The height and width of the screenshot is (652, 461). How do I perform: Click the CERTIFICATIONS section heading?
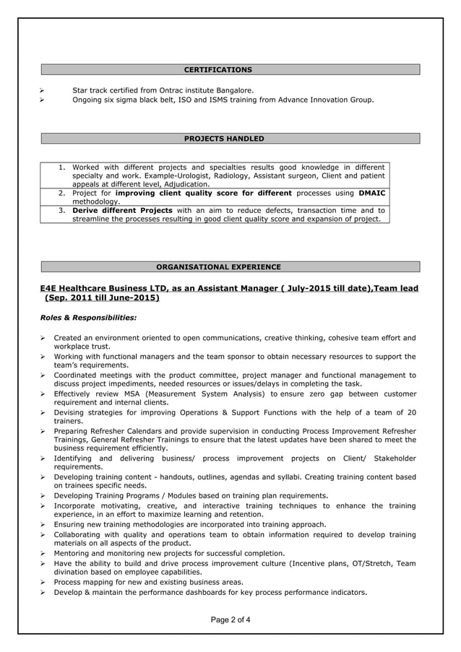point(218,70)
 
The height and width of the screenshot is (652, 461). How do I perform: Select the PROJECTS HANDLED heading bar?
point(224,139)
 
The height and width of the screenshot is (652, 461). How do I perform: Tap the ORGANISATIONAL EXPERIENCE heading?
point(218,267)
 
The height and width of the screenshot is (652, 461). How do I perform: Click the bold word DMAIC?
point(372,194)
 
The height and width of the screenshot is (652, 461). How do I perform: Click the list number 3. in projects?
point(63,210)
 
